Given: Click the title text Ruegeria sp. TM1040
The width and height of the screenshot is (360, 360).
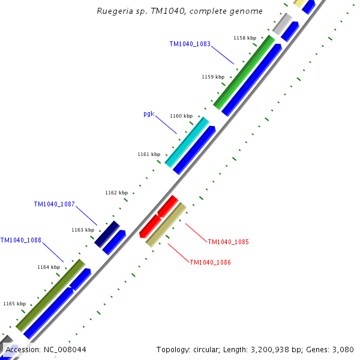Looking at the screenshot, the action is coord(180,11).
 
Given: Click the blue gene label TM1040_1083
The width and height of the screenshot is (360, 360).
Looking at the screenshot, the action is coord(190,44).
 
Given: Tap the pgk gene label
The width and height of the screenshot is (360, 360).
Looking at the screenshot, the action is coord(149,113).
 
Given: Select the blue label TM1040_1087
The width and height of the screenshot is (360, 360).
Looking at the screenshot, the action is coord(54,204).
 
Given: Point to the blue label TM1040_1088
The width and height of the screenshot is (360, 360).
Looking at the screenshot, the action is coord(21,240).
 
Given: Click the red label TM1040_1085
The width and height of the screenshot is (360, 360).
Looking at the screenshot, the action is coord(228,242).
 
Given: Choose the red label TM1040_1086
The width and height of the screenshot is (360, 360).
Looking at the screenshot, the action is coord(210,262).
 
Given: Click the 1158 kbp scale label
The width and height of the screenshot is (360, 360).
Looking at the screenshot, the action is coord(244,38).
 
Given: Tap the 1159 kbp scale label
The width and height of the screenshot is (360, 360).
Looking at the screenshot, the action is coord(213,77).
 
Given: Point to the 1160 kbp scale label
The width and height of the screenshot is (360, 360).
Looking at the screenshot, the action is coord(181,116).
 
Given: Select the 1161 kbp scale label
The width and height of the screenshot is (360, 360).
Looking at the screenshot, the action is coord(149,154).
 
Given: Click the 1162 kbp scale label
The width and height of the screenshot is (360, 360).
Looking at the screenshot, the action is coord(116,193).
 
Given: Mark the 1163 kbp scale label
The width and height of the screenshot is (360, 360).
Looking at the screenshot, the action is coord(83,230).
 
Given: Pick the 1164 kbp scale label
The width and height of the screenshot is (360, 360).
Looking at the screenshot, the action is coord(49,267).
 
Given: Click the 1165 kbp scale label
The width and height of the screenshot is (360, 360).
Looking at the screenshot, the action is coord(14,304).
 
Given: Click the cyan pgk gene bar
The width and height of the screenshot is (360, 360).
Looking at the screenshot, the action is coord(187,142).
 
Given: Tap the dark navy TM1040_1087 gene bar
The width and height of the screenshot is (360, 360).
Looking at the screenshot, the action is coord(107,233).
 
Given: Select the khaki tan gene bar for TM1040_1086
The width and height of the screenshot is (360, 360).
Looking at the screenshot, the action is coord(166,224).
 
